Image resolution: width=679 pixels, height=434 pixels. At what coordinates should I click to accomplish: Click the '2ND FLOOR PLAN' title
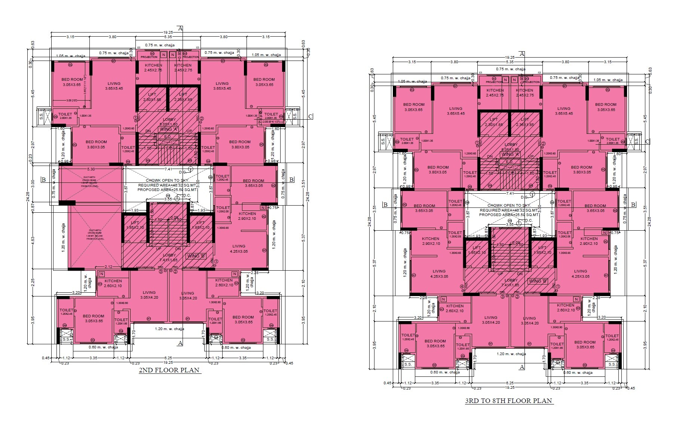pyautogui.click(x=169, y=370)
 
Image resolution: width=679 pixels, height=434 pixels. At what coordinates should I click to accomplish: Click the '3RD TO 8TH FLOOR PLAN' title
pyautogui.click(x=508, y=401)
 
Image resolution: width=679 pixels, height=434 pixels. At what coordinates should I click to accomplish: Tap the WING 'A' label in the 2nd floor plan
pyautogui.click(x=168, y=129)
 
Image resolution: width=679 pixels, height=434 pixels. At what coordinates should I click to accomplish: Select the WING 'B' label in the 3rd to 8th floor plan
pyautogui.click(x=538, y=281)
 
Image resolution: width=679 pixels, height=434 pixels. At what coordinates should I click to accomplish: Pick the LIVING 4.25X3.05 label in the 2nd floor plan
pyautogui.click(x=239, y=249)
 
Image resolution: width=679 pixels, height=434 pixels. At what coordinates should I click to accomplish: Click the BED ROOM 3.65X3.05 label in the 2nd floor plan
pyautogui.click(x=253, y=183)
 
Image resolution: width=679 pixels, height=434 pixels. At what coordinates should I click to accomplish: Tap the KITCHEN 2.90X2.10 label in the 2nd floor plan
pyautogui.click(x=247, y=216)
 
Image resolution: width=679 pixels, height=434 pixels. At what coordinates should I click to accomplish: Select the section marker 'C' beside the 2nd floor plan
pyautogui.click(x=310, y=117)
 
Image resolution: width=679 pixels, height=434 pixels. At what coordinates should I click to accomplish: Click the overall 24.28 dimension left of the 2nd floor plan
pyautogui.click(x=28, y=196)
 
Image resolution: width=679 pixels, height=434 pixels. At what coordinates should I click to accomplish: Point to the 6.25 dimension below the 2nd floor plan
pyautogui.click(x=168, y=358)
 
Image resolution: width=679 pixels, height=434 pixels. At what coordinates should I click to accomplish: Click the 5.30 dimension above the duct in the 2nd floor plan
pyautogui.click(x=91, y=169)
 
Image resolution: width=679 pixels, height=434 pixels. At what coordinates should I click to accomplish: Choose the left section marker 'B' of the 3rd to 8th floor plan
pyautogui.click(x=385, y=204)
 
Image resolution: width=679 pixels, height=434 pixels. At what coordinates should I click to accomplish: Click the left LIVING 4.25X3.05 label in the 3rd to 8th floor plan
pyautogui.click(x=439, y=274)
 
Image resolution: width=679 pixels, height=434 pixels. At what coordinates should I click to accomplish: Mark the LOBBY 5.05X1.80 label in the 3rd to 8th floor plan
pyautogui.click(x=511, y=147)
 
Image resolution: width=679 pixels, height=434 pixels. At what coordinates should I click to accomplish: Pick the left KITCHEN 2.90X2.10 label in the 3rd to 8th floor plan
pyautogui.click(x=431, y=241)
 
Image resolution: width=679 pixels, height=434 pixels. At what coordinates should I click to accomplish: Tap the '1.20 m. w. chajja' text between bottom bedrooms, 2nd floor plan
pyautogui.click(x=170, y=329)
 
